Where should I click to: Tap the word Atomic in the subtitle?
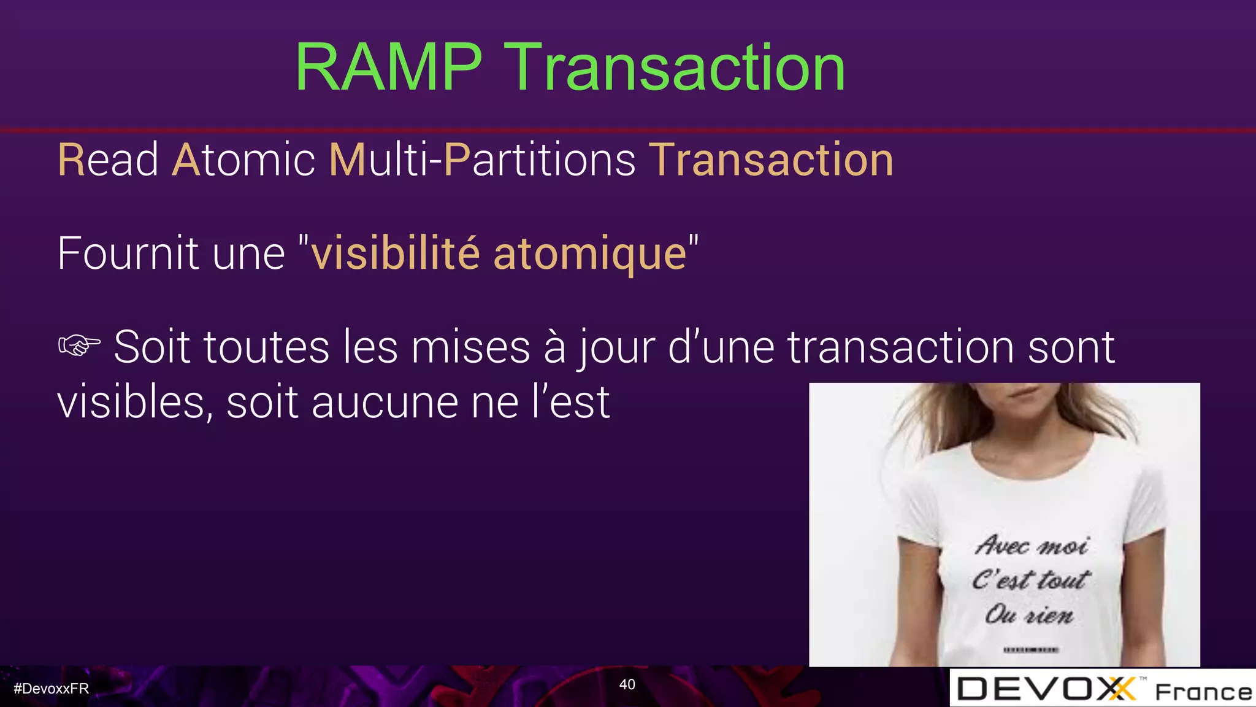(x=243, y=160)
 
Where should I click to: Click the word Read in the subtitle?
(x=108, y=160)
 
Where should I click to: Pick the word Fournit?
(x=128, y=253)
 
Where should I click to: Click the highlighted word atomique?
(x=589, y=253)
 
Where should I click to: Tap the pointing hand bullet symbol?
(x=79, y=346)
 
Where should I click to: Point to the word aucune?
(x=385, y=403)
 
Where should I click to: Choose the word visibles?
(x=135, y=403)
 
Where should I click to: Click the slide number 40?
(x=627, y=684)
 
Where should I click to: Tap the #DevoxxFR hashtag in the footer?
(x=52, y=689)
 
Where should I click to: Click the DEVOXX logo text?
(x=1046, y=689)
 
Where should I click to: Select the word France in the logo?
(x=1203, y=692)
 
